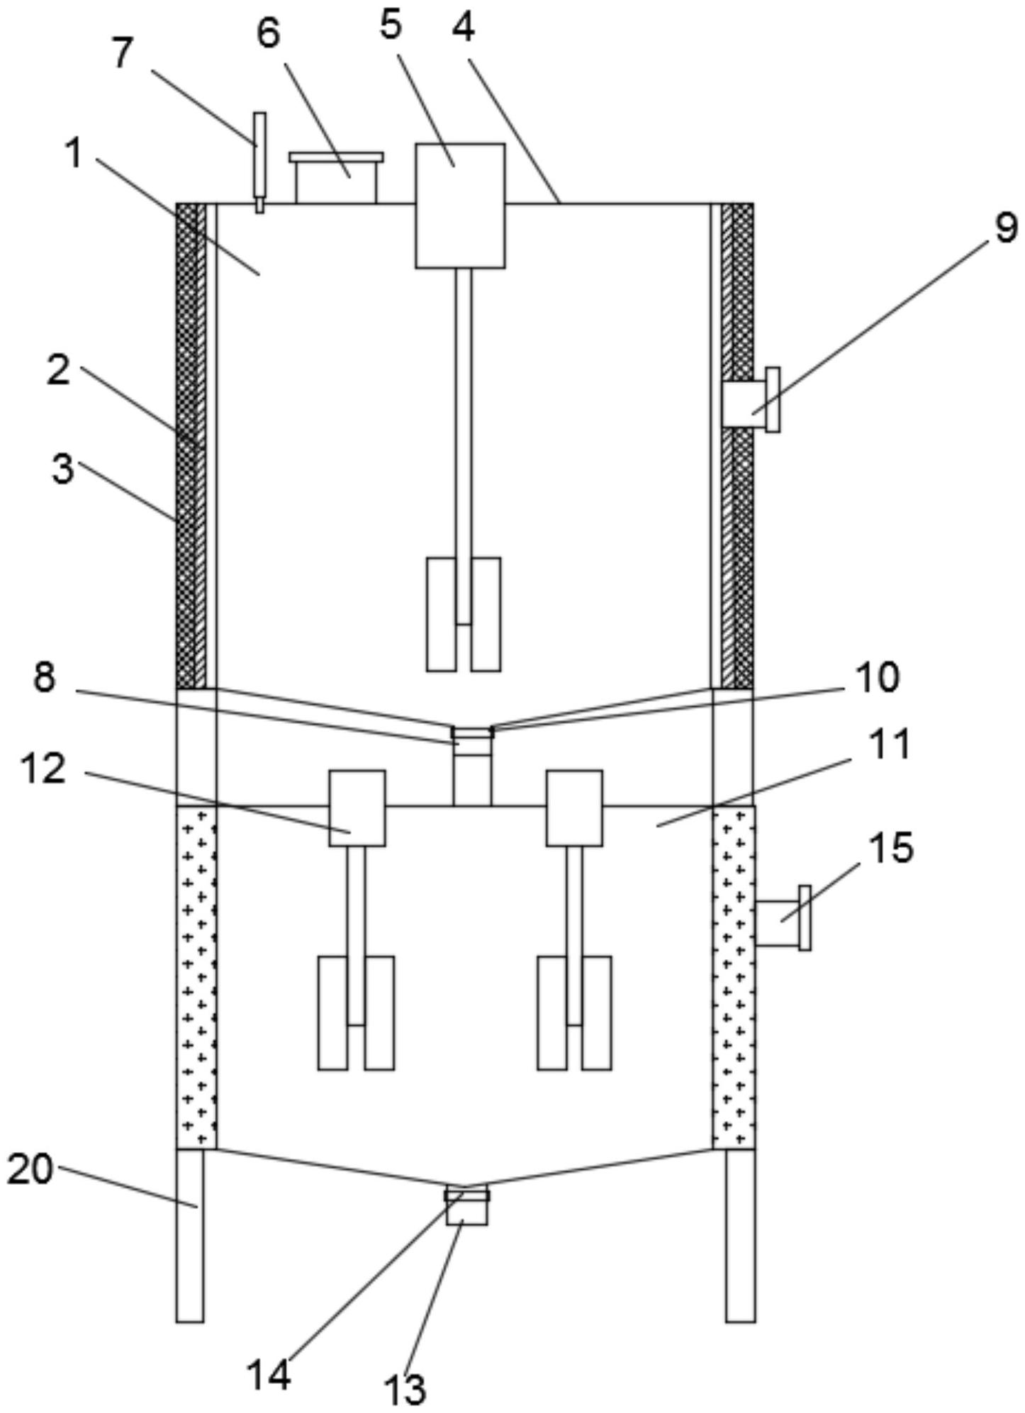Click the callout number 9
pyautogui.click(x=1006, y=229)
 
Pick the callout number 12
pyautogui.click(x=44, y=769)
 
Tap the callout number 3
pyautogui.click(x=63, y=469)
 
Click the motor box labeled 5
pyautogui.click(x=461, y=206)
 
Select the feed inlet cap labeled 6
pyautogui.click(x=336, y=178)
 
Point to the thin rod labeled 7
pyautogui.click(x=260, y=162)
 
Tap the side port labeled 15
pyautogui.click(x=783, y=918)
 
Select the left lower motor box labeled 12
pyautogui.click(x=357, y=808)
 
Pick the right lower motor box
pyautogui.click(x=575, y=808)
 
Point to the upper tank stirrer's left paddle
pyautogui.click(x=441, y=614)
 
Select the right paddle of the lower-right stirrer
pyautogui.click(x=597, y=1013)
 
